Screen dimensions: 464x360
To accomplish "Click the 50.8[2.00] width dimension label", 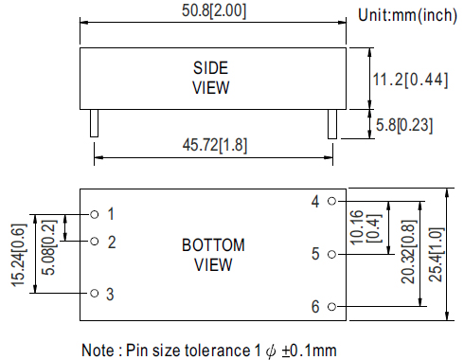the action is (214, 10).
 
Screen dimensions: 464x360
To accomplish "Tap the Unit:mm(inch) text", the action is (407, 15).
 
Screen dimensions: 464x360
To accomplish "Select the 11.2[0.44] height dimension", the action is (410, 80).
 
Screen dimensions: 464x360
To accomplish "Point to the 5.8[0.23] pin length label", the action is (404, 125).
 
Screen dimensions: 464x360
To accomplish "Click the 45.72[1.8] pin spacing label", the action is (215, 145).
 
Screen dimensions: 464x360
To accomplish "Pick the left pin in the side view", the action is (94, 123).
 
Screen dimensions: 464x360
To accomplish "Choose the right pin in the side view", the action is (332, 124).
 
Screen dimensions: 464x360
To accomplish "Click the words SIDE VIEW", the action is (211, 78).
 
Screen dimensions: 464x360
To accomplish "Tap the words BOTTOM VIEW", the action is (213, 255).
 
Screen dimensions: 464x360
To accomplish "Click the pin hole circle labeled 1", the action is (95, 214).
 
